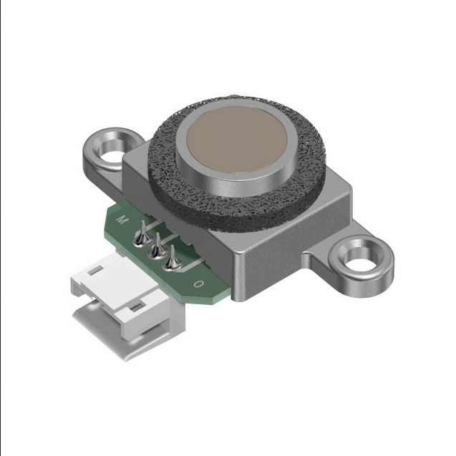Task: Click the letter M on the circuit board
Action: point(122,220)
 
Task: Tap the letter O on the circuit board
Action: point(198,283)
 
